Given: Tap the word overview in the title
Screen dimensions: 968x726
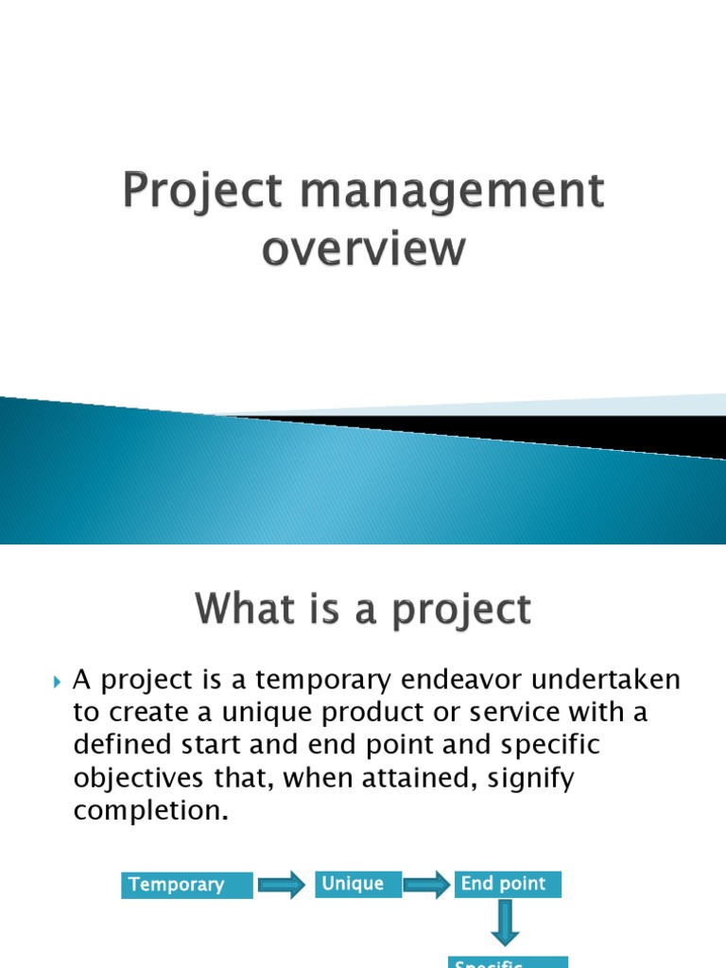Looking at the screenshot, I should [364, 250].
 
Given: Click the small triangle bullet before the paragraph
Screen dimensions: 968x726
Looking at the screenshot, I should [57, 681].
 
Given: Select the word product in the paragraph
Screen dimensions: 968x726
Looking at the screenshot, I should [406, 713].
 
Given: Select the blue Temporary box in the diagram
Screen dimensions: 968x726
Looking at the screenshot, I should [187, 886].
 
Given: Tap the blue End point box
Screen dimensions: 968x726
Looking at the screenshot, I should [508, 884].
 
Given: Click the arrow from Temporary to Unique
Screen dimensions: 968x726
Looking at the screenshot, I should [284, 885].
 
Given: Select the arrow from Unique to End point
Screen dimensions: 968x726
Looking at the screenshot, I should [428, 885].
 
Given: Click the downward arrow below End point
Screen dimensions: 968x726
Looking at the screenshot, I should [508, 924].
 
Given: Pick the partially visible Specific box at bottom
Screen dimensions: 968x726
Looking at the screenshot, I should [508, 961].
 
